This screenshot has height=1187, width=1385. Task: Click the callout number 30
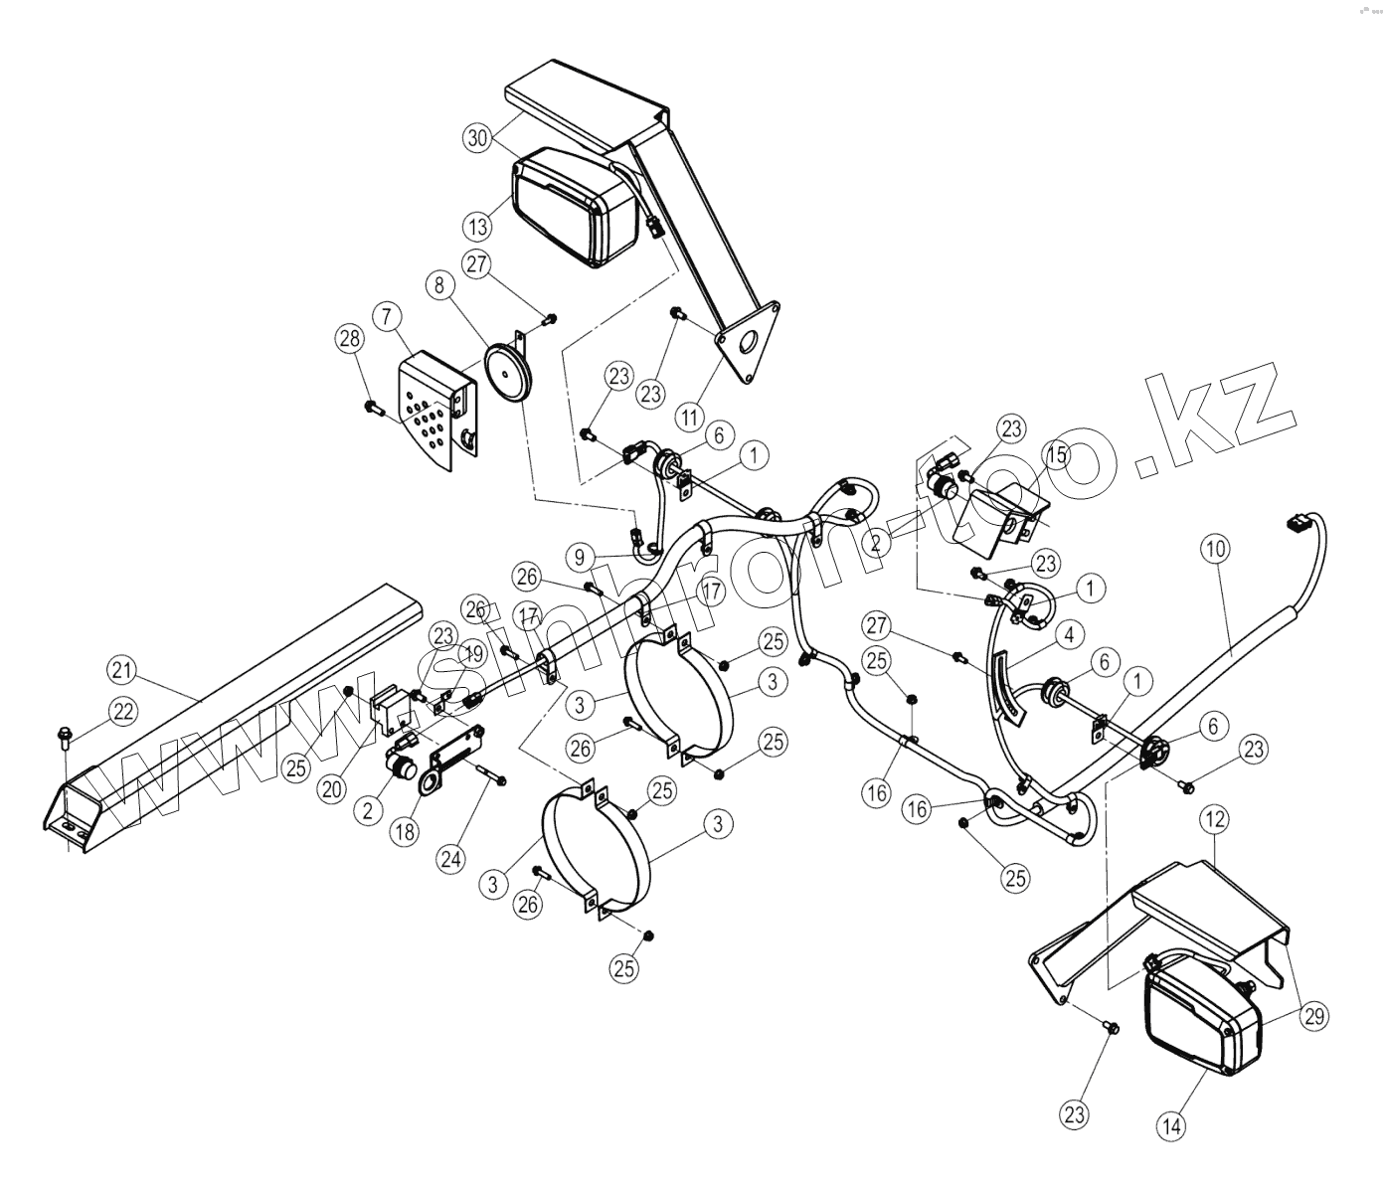pyautogui.click(x=477, y=138)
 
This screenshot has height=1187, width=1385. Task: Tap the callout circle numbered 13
pyautogui.click(x=477, y=226)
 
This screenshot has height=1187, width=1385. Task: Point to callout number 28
pyautogui.click(x=349, y=339)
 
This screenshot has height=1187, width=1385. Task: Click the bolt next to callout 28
pyautogui.click(x=375, y=407)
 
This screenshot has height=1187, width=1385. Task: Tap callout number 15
pyautogui.click(x=1055, y=455)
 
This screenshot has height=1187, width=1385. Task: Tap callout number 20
pyautogui.click(x=331, y=789)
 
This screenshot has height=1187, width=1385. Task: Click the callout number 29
pyautogui.click(x=1313, y=1016)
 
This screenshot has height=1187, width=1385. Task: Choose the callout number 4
pyautogui.click(x=1069, y=633)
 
